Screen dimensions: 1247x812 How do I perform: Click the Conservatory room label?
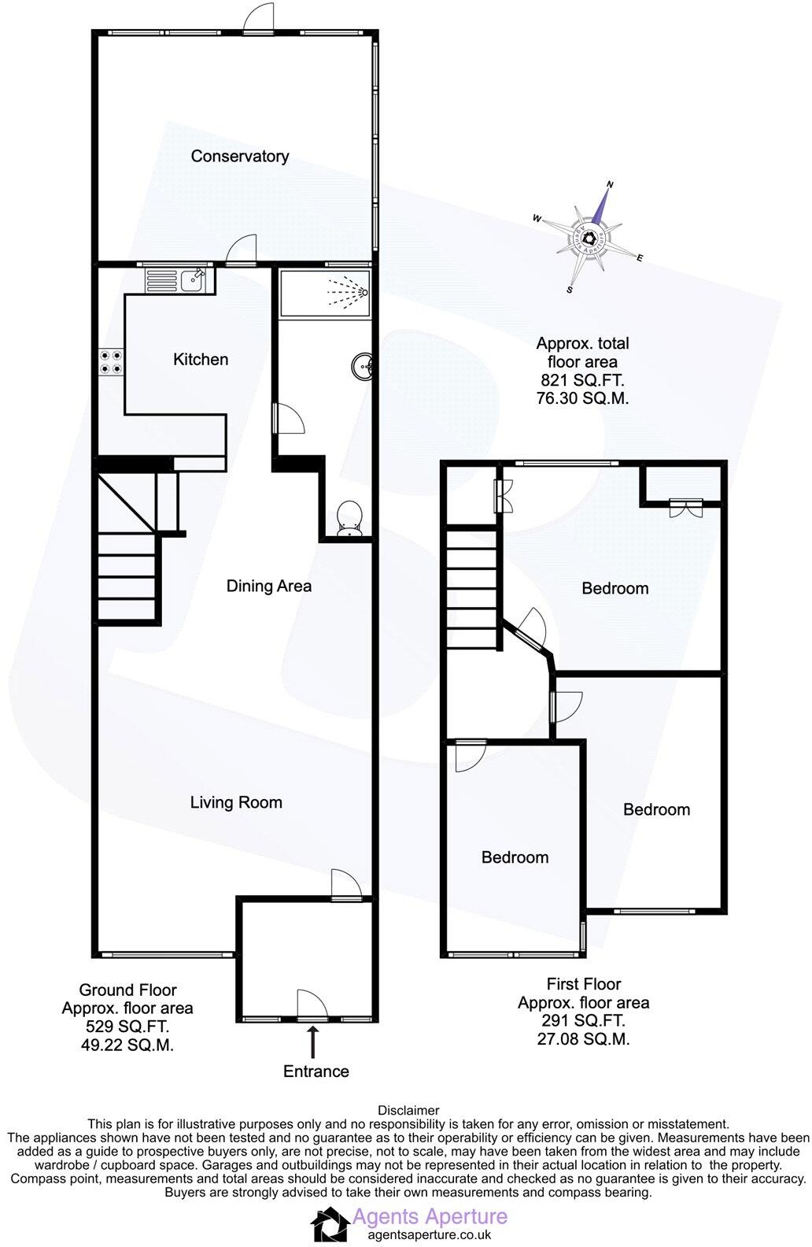click(x=239, y=156)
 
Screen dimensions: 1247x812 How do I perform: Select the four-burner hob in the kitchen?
click(x=110, y=361)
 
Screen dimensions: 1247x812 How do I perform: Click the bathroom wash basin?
click(x=364, y=366)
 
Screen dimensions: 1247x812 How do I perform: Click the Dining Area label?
click(x=268, y=586)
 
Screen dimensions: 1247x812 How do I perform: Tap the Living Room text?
click(x=236, y=802)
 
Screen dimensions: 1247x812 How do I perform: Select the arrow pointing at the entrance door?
click(x=314, y=1041)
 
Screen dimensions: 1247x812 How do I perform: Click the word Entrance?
click(x=316, y=1071)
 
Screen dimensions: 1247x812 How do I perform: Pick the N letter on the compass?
click(x=610, y=185)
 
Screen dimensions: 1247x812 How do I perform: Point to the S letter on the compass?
click(x=570, y=290)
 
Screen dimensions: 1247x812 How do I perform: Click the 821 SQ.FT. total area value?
click(x=582, y=380)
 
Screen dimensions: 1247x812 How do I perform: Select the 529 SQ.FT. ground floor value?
click(x=127, y=1027)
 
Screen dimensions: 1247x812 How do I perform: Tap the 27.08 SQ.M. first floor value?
click(x=583, y=1038)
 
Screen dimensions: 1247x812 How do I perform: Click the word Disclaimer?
click(x=408, y=1111)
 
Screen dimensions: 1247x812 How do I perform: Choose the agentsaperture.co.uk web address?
click(x=422, y=1234)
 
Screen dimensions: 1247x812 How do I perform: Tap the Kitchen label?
click(x=201, y=359)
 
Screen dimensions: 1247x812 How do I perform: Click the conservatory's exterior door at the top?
click(x=258, y=20)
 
